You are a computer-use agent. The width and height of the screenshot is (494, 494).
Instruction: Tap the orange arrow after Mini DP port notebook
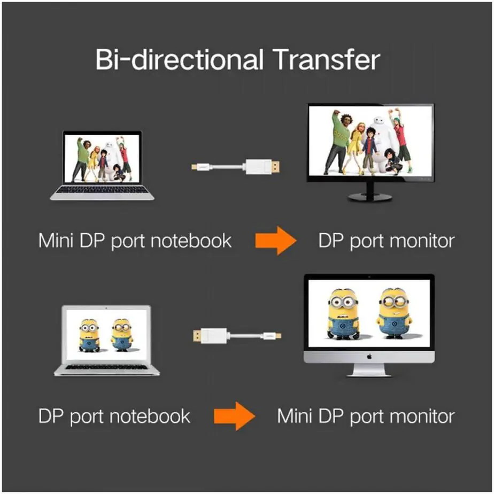tap(275, 242)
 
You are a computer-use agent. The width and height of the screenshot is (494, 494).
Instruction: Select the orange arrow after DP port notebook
tap(234, 416)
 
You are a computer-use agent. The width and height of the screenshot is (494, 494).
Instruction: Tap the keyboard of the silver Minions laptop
tap(107, 367)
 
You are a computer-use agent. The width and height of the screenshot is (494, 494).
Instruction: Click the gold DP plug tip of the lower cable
tap(197, 336)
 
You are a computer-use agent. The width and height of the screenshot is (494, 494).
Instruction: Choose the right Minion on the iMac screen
tap(395, 313)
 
